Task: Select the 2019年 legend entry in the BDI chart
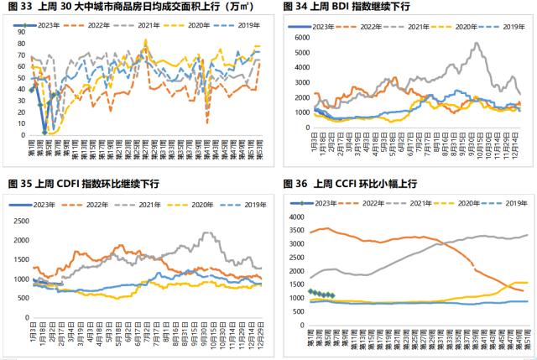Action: click(x=507, y=28)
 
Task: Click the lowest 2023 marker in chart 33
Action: click(x=44, y=133)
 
